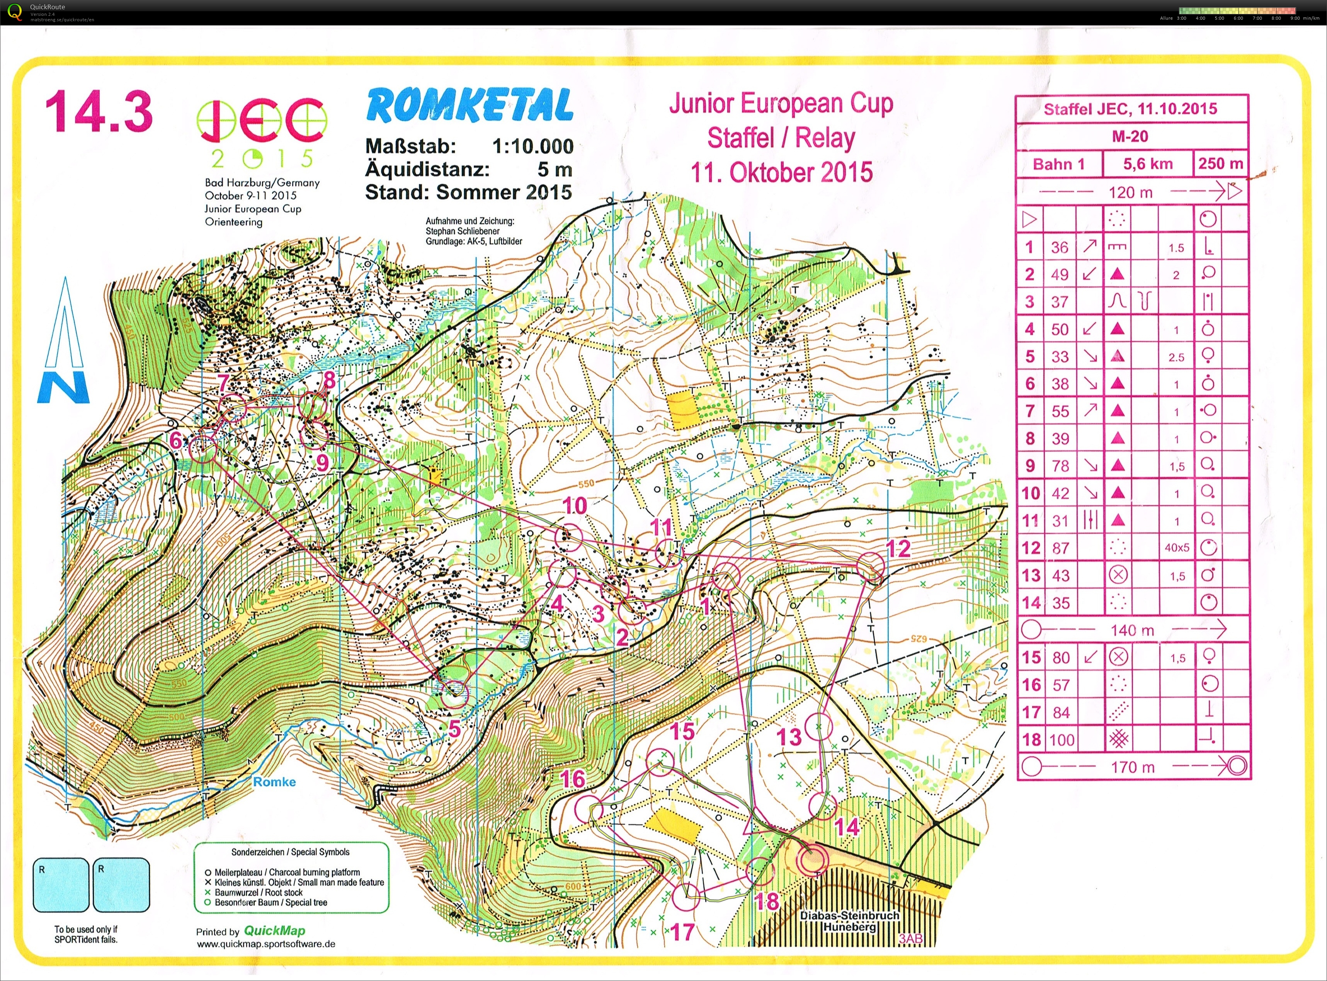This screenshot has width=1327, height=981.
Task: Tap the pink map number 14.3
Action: [99, 112]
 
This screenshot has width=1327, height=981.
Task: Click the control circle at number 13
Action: [819, 726]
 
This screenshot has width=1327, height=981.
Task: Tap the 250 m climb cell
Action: [1220, 164]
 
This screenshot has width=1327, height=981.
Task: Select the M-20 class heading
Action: [1130, 136]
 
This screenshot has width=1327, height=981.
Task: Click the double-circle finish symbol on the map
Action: [812, 859]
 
